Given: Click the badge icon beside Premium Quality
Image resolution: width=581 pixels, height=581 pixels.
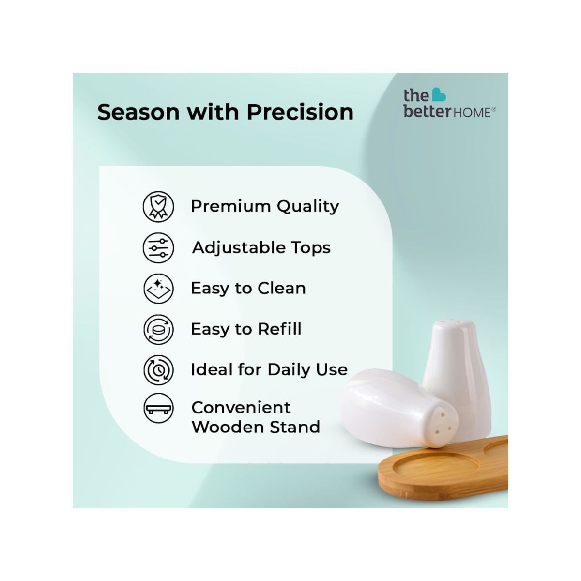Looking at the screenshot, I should [x=158, y=206].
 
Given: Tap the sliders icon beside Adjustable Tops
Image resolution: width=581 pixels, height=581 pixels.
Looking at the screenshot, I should [x=158, y=247].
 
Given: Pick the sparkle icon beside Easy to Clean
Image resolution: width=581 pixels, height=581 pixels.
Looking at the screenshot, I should [x=158, y=289].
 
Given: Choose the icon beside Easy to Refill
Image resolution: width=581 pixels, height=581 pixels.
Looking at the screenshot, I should [x=158, y=329].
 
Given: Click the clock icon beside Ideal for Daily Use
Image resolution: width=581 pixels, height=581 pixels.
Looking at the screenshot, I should [x=158, y=370].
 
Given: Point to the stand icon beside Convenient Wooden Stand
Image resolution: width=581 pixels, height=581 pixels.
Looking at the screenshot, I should [x=158, y=410].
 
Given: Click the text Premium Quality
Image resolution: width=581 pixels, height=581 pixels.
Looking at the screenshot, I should [x=265, y=206].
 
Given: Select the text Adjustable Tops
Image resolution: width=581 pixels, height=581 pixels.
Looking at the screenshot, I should [x=261, y=247].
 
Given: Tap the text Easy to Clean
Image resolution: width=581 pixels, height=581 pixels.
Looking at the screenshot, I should [x=248, y=289].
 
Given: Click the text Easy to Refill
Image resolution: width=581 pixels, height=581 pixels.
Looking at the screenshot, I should [x=246, y=329].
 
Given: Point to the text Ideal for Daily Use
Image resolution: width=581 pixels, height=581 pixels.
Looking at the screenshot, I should [x=269, y=370].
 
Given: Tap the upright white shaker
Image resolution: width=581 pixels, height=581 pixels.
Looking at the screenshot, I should [x=455, y=373].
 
